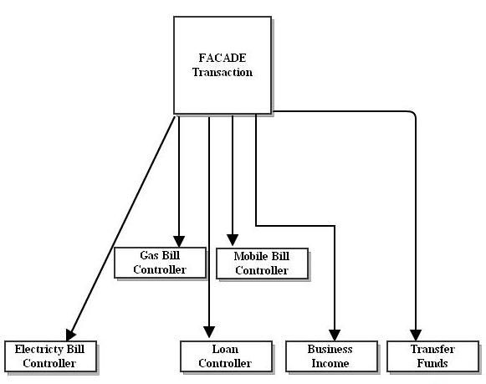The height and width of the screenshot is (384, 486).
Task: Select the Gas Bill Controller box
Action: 161,263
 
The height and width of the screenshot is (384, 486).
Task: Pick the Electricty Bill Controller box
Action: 50,356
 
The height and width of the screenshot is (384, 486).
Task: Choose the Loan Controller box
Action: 227,356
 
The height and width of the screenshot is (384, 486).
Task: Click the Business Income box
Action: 330,356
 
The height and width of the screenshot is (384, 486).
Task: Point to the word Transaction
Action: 222,72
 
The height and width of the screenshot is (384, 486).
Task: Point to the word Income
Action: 330,363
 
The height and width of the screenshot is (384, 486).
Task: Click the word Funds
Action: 432,363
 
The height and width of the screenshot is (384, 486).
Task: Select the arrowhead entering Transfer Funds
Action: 415,332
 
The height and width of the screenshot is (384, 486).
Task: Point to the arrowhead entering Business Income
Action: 335,333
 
